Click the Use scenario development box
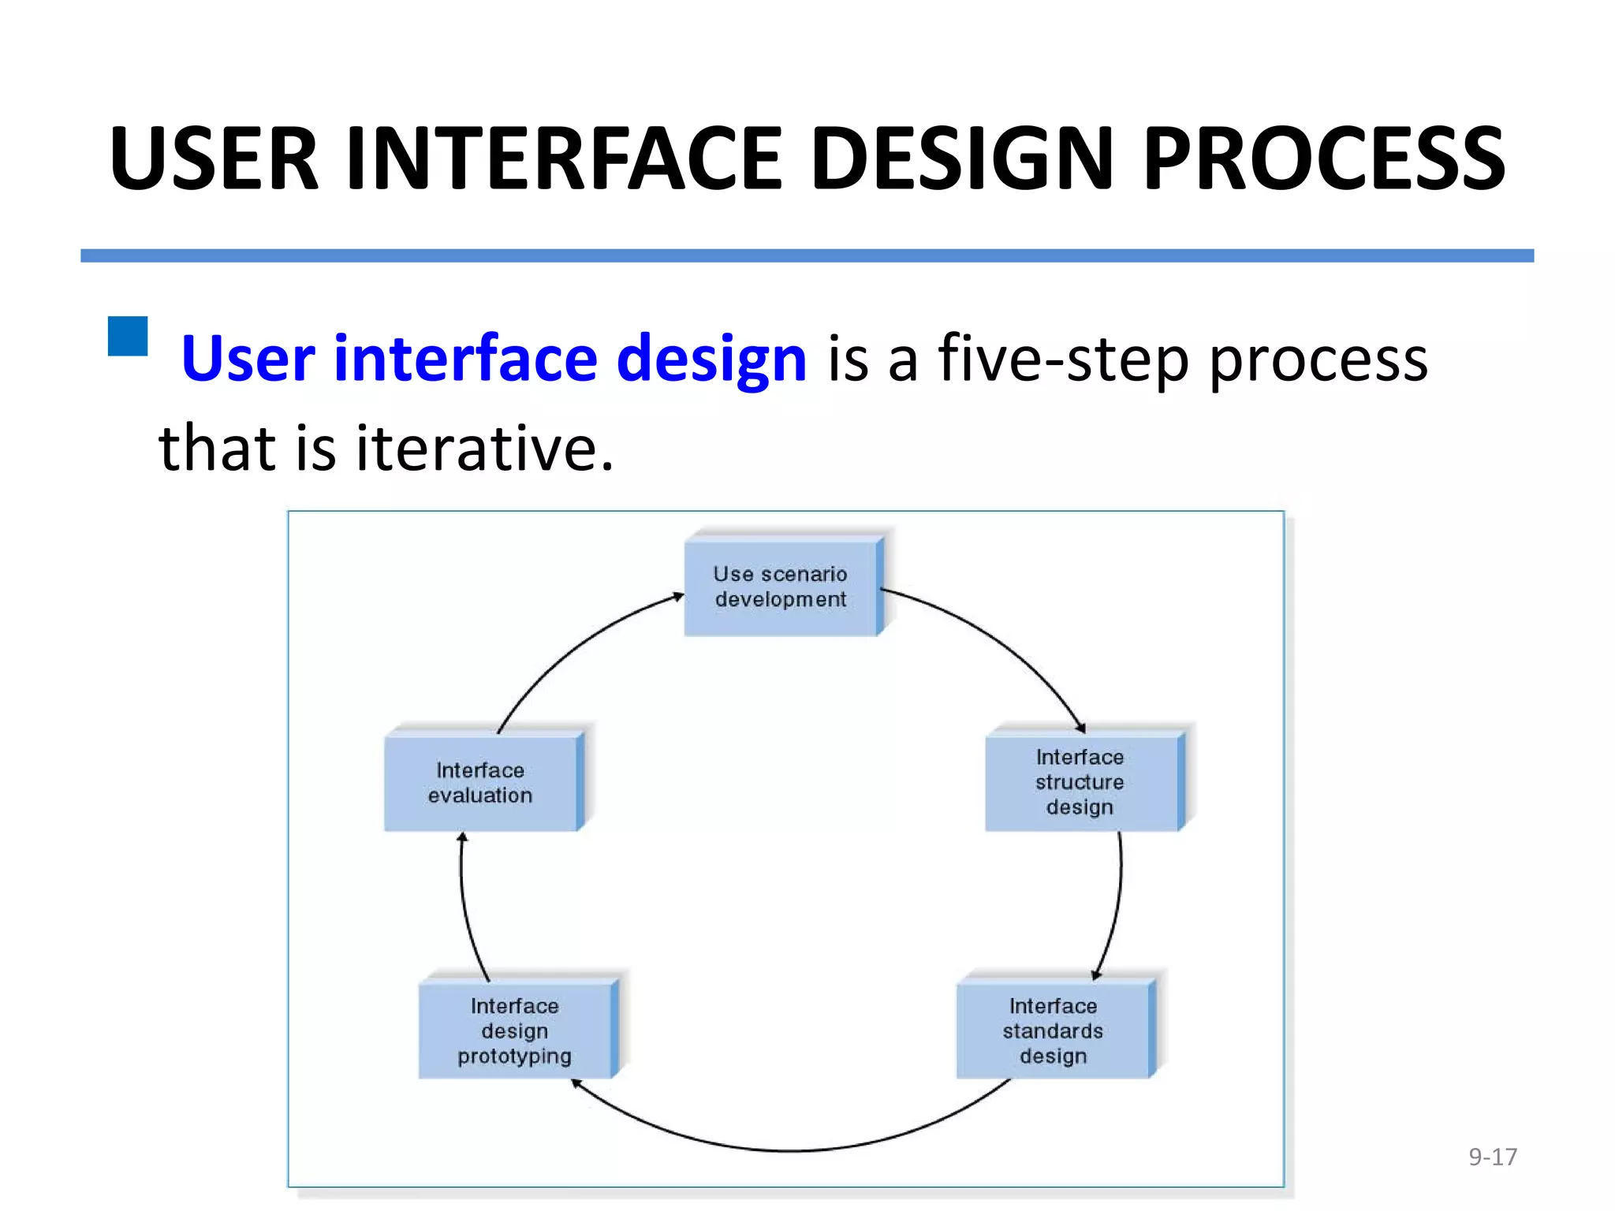point(781,587)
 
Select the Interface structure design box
point(1080,782)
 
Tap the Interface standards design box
point(1053,1030)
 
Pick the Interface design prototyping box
point(515,1030)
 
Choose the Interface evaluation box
point(480,782)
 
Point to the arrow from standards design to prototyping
point(789,1150)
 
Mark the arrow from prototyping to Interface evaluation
point(465,907)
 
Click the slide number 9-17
point(1492,1157)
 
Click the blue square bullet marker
point(128,337)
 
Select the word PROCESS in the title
point(1323,159)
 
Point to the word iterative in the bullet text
point(483,448)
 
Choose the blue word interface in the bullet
point(465,359)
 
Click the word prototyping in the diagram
point(515,1056)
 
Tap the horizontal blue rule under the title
point(807,255)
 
